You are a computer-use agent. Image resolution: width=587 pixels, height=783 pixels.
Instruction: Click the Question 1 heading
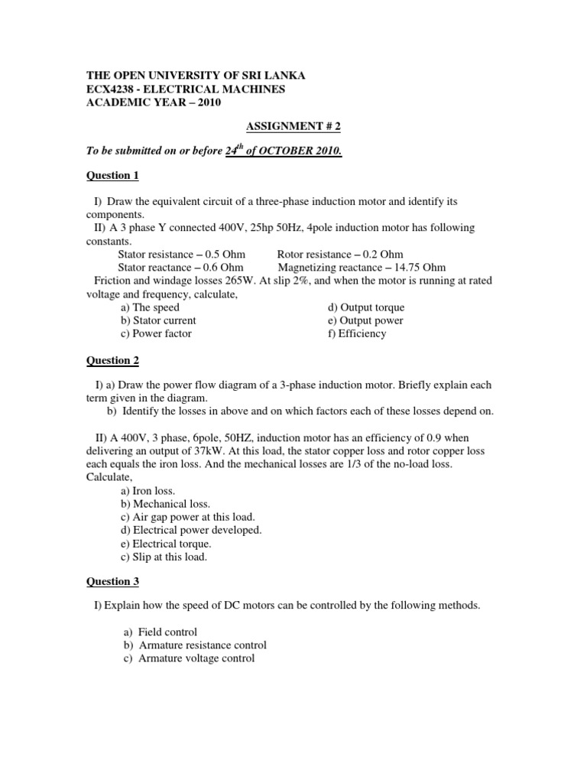[x=112, y=176]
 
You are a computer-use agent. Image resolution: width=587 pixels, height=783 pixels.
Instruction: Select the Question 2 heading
[x=112, y=360]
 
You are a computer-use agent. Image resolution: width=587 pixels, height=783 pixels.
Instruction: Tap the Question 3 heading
[x=112, y=582]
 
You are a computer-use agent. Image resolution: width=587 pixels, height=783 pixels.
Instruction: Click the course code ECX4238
[x=115, y=89]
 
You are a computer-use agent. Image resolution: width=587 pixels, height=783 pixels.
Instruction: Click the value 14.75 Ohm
[x=420, y=268]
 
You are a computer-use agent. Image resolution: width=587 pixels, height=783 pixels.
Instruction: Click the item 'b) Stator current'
[x=158, y=320]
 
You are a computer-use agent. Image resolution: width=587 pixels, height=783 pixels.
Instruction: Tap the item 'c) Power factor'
[x=156, y=333]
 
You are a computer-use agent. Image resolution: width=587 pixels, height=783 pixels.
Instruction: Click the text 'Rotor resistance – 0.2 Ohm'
[x=340, y=255]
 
